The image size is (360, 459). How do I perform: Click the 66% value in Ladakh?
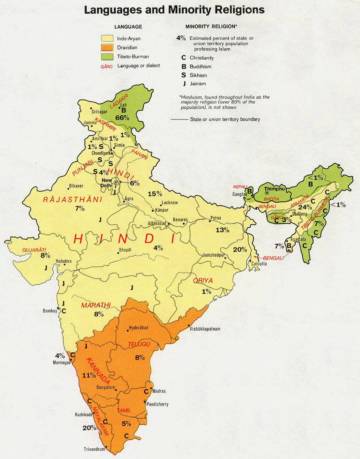[122, 118]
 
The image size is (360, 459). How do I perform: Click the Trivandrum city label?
[94, 449]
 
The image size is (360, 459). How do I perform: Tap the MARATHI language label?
[96, 305]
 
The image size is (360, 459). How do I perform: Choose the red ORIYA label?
[203, 281]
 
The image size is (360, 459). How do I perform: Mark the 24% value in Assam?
[305, 207]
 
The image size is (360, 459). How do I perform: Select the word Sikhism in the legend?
[198, 75]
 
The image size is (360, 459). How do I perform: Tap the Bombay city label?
[50, 311]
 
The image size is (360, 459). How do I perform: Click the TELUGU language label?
[139, 345]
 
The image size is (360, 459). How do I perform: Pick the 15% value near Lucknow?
[155, 194]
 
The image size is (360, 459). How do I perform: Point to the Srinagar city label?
[99, 112]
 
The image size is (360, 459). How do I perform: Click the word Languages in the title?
[113, 10]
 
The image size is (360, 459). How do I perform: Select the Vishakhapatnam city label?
[205, 329]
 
